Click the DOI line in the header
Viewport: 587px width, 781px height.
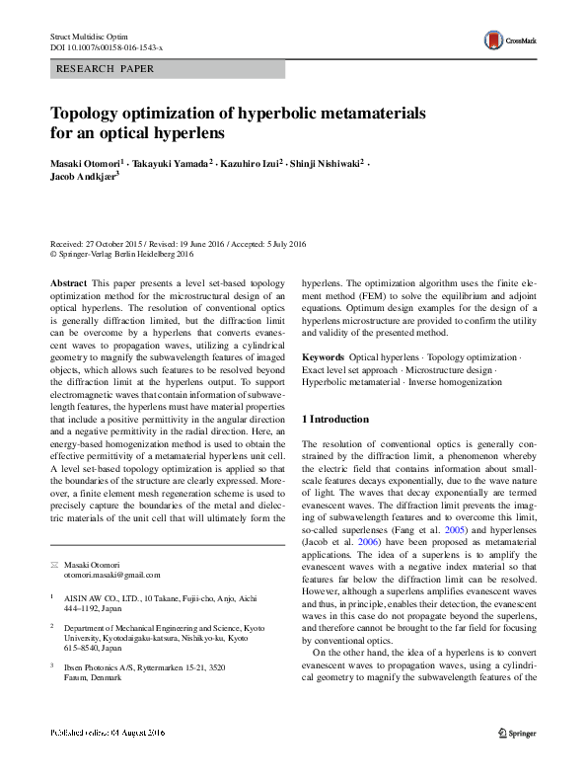pyautogui.click(x=107, y=47)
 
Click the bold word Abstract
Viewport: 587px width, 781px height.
pyautogui.click(x=67, y=282)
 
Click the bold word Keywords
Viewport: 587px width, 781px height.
pyautogui.click(x=323, y=356)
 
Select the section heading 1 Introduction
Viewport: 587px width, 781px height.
pyautogui.click(x=335, y=420)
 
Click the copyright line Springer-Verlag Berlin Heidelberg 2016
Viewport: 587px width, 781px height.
pyautogui.click(x=125, y=253)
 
